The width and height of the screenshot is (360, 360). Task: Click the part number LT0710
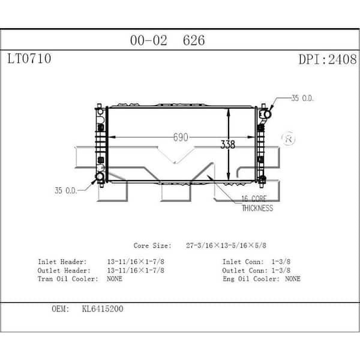(29, 59)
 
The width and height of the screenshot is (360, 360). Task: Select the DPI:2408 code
(327, 59)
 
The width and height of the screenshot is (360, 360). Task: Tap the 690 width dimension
(181, 137)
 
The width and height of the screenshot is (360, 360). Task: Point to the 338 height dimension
(227, 145)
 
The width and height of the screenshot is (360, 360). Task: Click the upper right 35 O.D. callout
(302, 98)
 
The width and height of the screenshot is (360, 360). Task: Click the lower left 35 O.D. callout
(67, 191)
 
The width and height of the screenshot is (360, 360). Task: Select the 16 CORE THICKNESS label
(257, 203)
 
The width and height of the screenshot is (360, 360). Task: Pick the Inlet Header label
(62, 262)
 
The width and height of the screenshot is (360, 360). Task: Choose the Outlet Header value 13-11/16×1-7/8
(135, 270)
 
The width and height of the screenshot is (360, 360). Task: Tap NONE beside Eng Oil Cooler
(293, 278)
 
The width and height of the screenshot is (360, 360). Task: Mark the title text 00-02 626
(167, 40)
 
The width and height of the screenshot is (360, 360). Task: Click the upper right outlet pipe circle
(265, 113)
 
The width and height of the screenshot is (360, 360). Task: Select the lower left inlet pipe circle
(100, 176)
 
